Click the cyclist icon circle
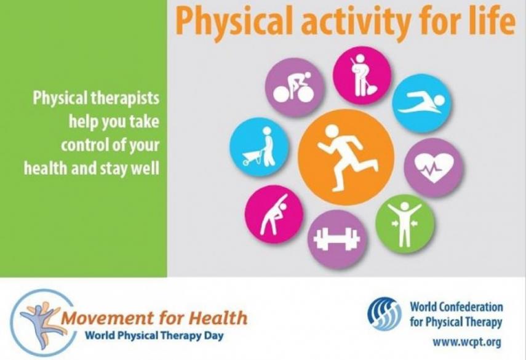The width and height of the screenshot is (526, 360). coord(294,87)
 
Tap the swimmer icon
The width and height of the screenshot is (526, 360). coord(422,102)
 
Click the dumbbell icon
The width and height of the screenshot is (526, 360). coord(337,239)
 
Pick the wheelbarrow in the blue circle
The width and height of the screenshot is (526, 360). coord(253,158)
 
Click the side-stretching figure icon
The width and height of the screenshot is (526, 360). coord(274,215)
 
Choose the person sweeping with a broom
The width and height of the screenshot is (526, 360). coord(362,75)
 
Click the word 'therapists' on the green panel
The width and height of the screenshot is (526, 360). coord(125,98)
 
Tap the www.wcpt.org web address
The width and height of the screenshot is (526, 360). coord(466,343)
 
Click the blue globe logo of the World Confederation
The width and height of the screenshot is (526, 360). coord(385,314)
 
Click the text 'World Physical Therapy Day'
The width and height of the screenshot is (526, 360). coord(154,335)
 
